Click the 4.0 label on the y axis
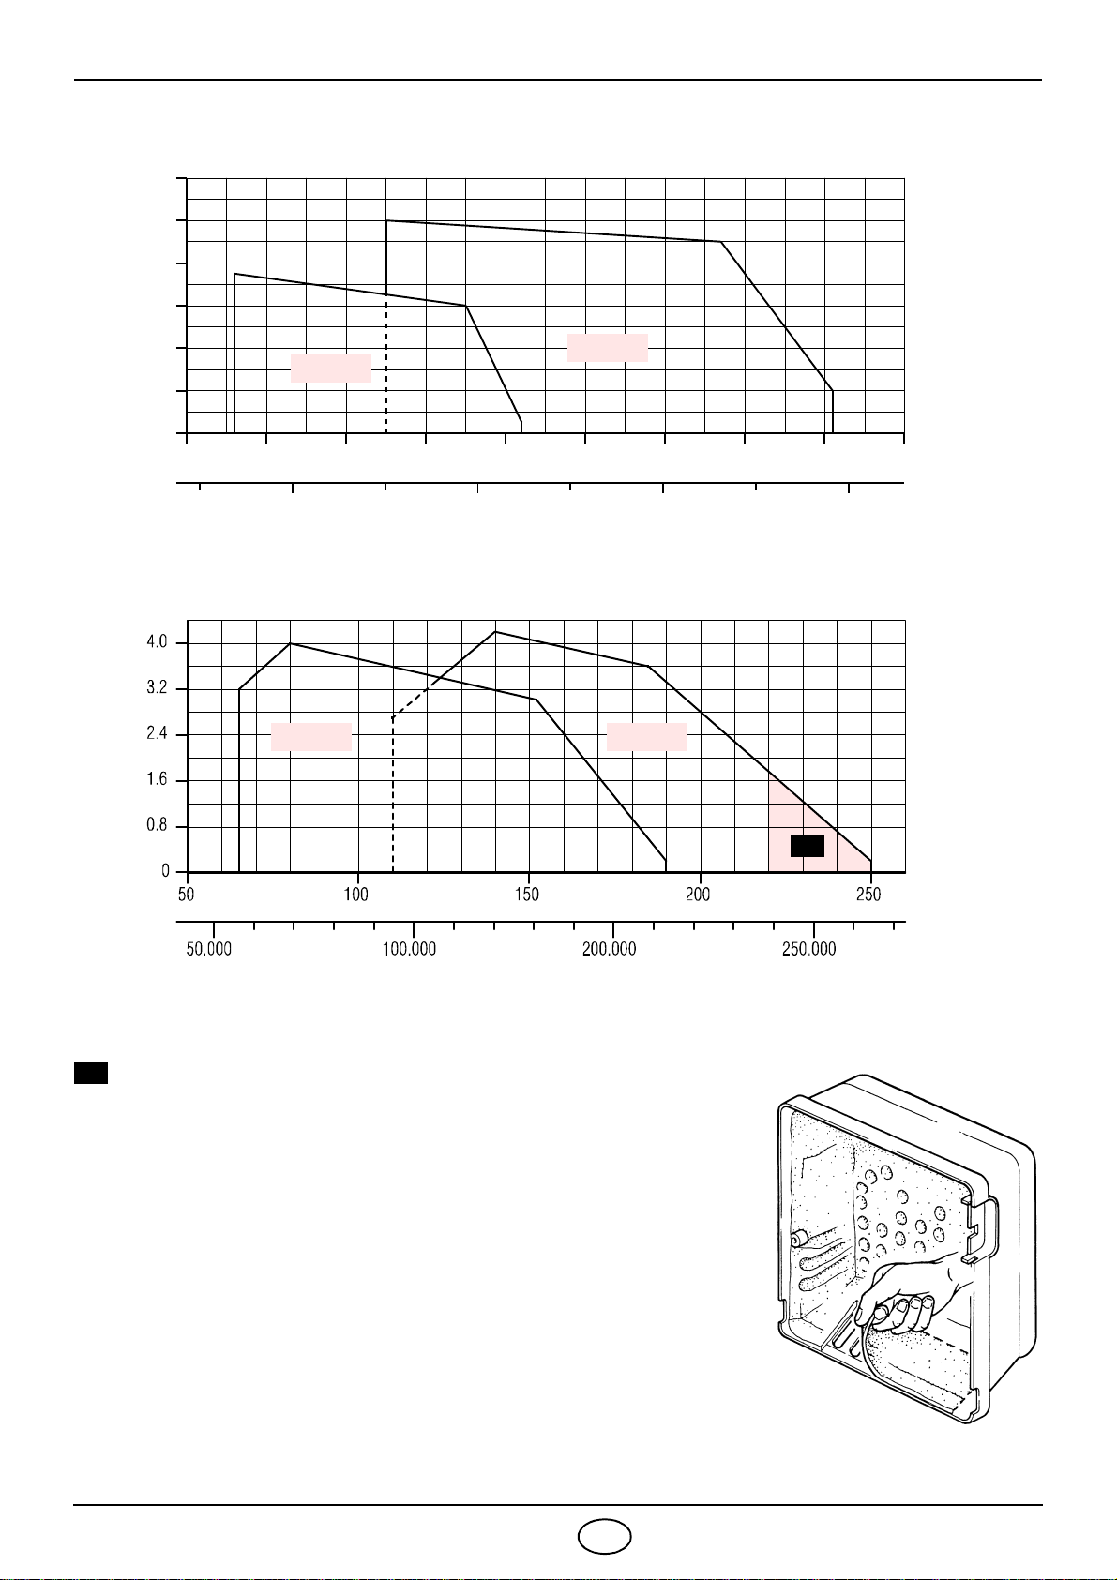pos(157,642)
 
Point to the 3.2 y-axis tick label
pos(157,688)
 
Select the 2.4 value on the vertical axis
pos(157,734)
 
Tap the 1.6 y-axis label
pos(157,780)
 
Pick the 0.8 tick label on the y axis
pos(157,826)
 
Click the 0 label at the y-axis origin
pos(166,872)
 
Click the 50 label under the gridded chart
pos(186,895)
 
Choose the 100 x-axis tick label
pos(356,895)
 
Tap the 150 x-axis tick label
pos(527,895)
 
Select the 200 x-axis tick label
pos(698,895)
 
